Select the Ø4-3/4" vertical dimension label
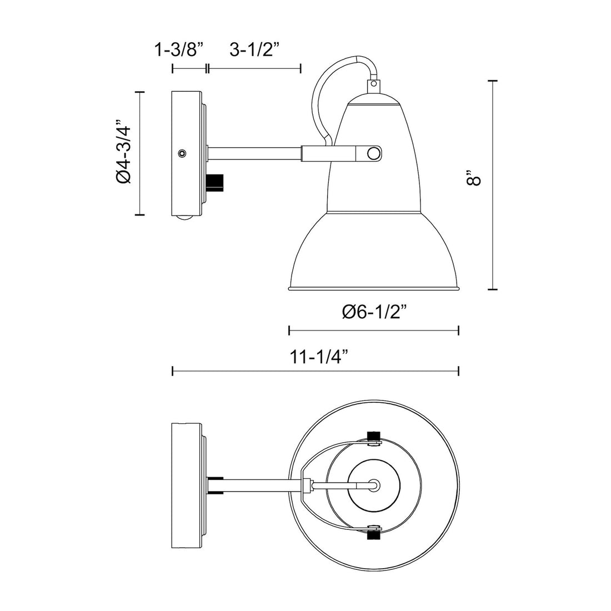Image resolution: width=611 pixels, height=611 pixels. (x=123, y=152)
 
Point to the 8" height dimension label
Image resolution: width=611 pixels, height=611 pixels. (x=474, y=181)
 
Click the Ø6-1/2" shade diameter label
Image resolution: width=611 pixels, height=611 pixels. (x=375, y=312)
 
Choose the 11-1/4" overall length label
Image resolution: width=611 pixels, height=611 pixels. (x=317, y=356)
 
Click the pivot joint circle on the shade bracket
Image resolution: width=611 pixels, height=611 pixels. (x=375, y=153)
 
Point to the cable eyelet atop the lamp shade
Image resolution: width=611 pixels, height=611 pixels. (x=374, y=86)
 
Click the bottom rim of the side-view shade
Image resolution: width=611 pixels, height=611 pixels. (x=374, y=289)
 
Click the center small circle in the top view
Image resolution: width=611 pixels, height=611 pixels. (x=375, y=484)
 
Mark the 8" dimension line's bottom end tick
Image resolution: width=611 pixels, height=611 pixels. (x=492, y=289)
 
